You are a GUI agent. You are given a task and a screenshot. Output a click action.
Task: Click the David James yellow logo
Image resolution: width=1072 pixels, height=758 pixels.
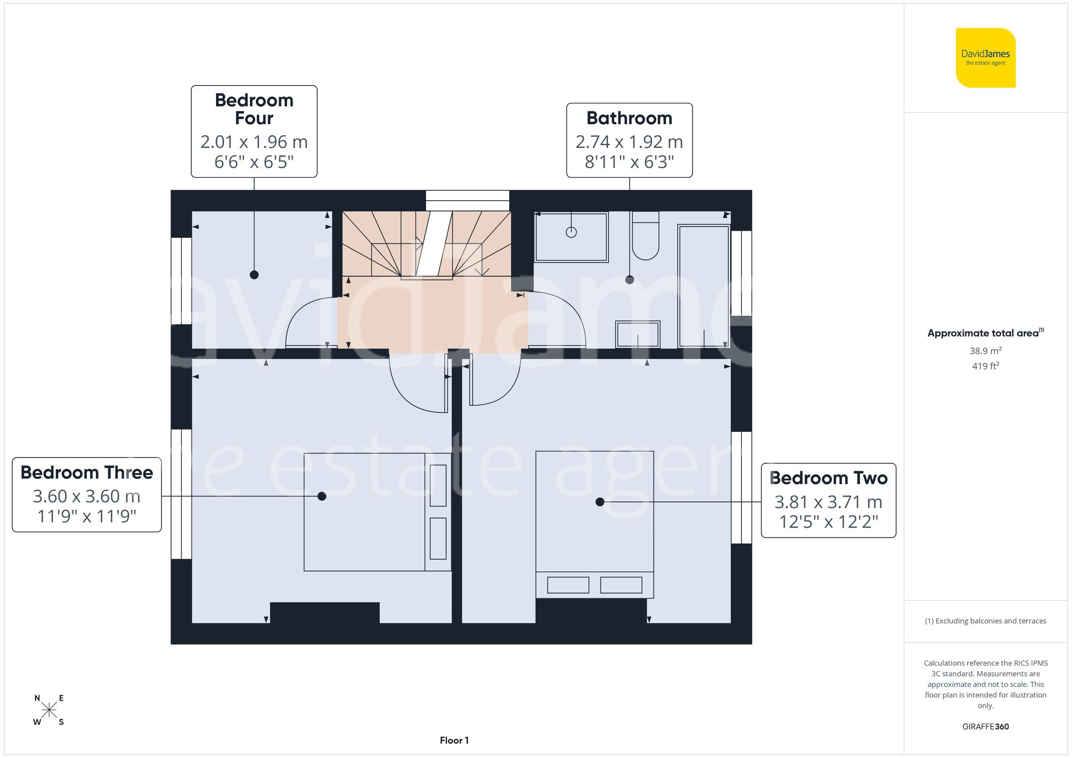[x=985, y=58]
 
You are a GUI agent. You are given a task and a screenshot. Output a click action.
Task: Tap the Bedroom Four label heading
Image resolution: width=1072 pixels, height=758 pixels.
[x=254, y=109]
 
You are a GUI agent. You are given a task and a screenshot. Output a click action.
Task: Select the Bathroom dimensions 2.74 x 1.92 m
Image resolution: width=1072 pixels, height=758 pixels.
[x=629, y=142]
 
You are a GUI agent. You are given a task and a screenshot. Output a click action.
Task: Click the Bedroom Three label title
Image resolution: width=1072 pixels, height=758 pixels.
[x=87, y=472]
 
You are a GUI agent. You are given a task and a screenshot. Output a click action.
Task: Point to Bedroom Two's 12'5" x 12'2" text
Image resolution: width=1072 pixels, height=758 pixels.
[x=828, y=522]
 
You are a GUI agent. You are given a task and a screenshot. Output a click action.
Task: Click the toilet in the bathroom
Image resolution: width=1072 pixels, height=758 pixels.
[x=645, y=238]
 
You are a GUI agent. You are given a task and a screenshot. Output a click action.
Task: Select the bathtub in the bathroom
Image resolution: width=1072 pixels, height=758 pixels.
[x=704, y=287]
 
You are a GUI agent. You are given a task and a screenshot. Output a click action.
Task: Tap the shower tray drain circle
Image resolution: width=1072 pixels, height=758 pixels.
[x=571, y=232]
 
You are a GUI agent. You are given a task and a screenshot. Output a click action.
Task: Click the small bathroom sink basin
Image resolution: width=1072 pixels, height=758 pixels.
[x=637, y=334]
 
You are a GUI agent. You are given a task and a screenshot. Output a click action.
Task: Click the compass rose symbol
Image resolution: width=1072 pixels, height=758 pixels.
[x=49, y=710]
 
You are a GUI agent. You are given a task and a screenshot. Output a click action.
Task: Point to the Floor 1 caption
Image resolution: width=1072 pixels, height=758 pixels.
[x=454, y=740]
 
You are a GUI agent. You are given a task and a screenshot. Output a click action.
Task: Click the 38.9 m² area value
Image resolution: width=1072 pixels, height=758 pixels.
[x=985, y=351]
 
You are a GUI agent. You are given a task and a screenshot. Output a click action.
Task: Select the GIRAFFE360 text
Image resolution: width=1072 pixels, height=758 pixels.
[x=985, y=726]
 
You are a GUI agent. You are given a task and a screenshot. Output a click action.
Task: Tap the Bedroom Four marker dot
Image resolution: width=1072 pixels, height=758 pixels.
[x=254, y=275]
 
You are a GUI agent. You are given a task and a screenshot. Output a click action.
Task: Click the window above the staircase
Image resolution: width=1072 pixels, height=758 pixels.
[x=467, y=201]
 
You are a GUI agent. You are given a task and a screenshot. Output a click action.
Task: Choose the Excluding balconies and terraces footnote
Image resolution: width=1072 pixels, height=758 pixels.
[x=985, y=621]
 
